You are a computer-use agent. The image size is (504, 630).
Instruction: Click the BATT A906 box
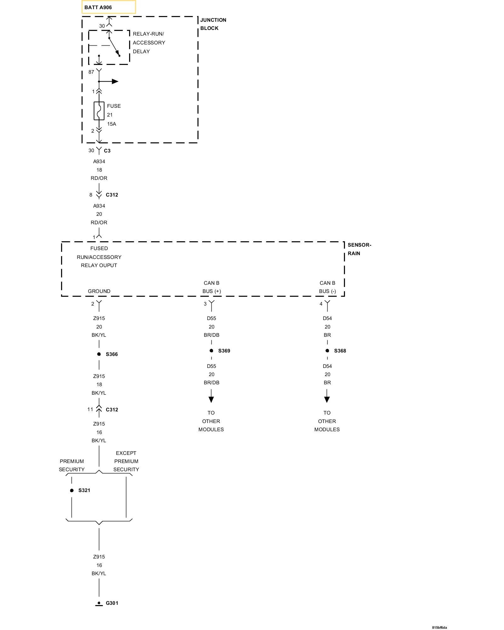(x=108, y=7)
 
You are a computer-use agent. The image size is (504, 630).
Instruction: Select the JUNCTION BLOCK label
(x=213, y=24)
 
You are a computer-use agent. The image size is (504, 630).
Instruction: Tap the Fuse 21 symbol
(x=99, y=111)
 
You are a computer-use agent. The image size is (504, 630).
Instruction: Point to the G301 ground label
(x=112, y=603)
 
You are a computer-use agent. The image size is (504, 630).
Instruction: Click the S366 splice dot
(x=99, y=354)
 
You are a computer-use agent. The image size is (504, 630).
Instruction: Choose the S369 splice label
(x=224, y=351)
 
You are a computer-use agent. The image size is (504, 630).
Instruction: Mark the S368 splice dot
(x=327, y=351)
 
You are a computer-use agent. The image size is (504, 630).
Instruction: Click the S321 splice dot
(x=72, y=490)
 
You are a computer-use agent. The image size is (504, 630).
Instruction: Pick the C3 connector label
(x=107, y=151)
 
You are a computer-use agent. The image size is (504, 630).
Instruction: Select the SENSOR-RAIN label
(x=359, y=249)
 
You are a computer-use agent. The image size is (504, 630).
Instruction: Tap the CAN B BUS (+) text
(x=211, y=287)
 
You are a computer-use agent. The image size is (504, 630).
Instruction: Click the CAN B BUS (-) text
(x=327, y=287)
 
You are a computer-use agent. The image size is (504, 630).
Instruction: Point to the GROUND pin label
(x=99, y=291)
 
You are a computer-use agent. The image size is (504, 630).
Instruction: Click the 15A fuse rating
(x=112, y=124)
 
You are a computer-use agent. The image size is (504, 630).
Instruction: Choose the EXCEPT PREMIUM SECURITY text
(x=126, y=461)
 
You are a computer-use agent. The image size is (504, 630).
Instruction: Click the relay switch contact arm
(x=114, y=47)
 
